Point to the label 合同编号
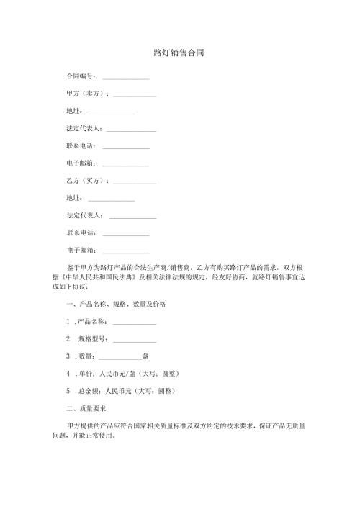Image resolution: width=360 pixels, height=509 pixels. point(81,76)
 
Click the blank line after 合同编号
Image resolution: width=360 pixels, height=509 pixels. point(126,77)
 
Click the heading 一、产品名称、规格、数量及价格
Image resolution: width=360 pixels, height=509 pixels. point(116,304)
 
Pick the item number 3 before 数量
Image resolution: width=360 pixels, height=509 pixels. point(68,356)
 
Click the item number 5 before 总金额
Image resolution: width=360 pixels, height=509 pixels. point(68,390)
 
